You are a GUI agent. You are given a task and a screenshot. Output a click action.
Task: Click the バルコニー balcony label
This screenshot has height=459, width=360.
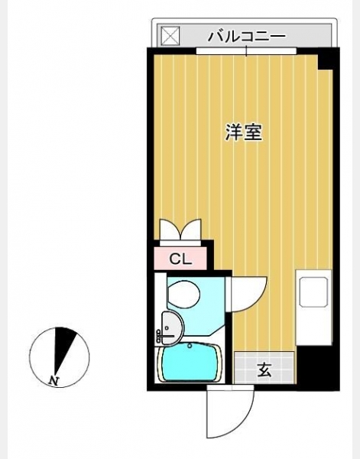(x=246, y=37)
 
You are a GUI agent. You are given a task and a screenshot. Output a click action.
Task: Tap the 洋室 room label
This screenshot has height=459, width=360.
(x=244, y=132)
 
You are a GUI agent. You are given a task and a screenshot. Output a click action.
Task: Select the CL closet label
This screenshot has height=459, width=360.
(x=180, y=259)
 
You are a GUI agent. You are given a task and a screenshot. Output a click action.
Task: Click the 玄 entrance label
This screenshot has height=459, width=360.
(x=264, y=369)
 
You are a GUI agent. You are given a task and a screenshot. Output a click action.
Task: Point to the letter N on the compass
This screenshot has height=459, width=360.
(x=54, y=380)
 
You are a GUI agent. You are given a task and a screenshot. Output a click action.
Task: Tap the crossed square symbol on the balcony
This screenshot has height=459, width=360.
(x=170, y=36)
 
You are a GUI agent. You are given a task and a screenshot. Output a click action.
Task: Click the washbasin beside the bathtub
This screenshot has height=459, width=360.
(x=173, y=327)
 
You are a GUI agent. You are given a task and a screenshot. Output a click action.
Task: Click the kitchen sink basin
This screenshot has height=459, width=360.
(x=313, y=291)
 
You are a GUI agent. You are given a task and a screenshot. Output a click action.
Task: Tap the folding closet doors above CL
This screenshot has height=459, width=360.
(x=180, y=230)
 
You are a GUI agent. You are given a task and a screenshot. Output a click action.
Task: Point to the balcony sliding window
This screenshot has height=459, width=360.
(x=246, y=51)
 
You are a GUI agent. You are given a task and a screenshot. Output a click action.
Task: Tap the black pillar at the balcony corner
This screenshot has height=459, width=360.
(x=327, y=60)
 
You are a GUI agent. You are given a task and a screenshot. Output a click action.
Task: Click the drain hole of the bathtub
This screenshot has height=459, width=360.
(x=190, y=346)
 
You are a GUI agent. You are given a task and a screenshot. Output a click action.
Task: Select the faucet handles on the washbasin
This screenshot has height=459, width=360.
(x=160, y=336)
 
